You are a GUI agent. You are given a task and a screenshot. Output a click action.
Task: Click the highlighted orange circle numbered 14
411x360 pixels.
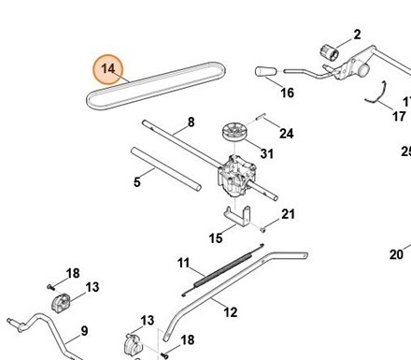[x=108, y=69]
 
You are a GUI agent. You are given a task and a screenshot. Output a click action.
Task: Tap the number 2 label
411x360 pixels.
[x=357, y=35]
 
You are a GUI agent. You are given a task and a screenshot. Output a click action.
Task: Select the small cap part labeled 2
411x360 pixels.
[x=330, y=52]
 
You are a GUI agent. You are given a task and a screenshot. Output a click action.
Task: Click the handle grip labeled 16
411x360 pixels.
[x=266, y=71]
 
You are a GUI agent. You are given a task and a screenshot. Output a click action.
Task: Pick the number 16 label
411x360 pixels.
[x=287, y=93]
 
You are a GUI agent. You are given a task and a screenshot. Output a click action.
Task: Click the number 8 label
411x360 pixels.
[x=191, y=122]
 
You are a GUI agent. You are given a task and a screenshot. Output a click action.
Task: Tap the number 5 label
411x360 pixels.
[x=137, y=182]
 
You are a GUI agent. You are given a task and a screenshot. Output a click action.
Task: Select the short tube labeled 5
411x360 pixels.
[x=166, y=168]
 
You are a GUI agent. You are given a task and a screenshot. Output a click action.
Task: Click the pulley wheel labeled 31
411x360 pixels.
[x=234, y=132]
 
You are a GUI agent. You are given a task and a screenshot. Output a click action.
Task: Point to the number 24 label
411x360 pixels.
[x=287, y=134]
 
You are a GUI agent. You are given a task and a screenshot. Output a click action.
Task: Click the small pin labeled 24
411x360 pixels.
[x=261, y=116]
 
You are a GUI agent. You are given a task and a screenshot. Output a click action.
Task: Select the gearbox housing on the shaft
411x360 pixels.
[x=237, y=176]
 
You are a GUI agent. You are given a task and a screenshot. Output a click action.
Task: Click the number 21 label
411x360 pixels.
[x=288, y=214]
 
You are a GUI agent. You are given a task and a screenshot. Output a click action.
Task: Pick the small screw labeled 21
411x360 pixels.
[x=262, y=230]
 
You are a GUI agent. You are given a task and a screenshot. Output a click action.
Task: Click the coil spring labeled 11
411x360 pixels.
[x=223, y=269]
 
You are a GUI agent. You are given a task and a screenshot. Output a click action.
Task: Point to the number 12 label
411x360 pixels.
[x=231, y=312]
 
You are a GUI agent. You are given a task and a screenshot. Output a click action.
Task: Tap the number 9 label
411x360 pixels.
[x=84, y=331]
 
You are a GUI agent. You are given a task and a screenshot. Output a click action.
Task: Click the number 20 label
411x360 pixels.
[x=396, y=254]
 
